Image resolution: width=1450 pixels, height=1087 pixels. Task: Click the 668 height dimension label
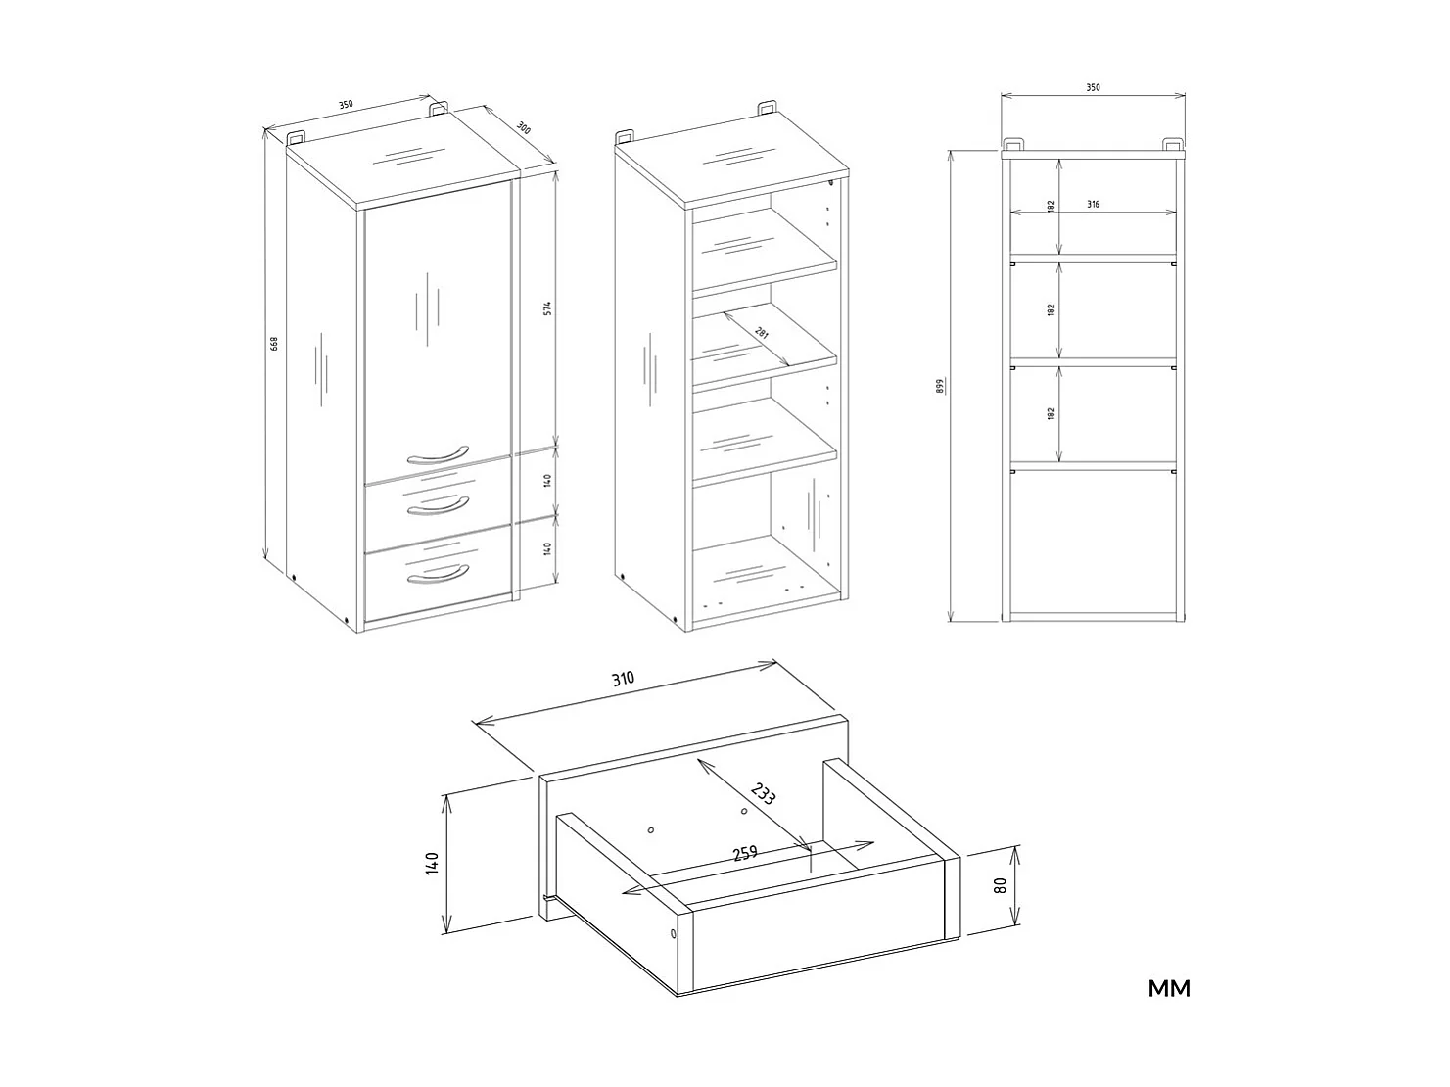(275, 345)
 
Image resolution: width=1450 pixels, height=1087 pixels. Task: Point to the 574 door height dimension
(549, 307)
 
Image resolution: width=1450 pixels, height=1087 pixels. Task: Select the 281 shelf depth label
(762, 334)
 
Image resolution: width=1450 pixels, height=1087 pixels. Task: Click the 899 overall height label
(939, 385)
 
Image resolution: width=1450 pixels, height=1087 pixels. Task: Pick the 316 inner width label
(1093, 205)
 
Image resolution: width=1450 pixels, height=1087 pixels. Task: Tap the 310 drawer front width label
(624, 679)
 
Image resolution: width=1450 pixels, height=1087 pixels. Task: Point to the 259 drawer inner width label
(745, 852)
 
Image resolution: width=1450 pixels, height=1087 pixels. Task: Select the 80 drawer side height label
(1000, 885)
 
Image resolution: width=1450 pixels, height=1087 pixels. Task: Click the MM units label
(1169, 989)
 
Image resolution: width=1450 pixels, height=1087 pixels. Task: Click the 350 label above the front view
(1093, 87)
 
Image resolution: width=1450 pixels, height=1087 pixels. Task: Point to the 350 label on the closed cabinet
(346, 105)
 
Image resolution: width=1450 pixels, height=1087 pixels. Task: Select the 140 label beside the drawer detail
(433, 864)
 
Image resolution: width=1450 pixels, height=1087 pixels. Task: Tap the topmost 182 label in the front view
(1051, 207)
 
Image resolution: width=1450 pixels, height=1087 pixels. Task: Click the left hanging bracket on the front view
(1014, 143)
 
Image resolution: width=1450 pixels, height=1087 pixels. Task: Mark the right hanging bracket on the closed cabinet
(439, 107)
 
